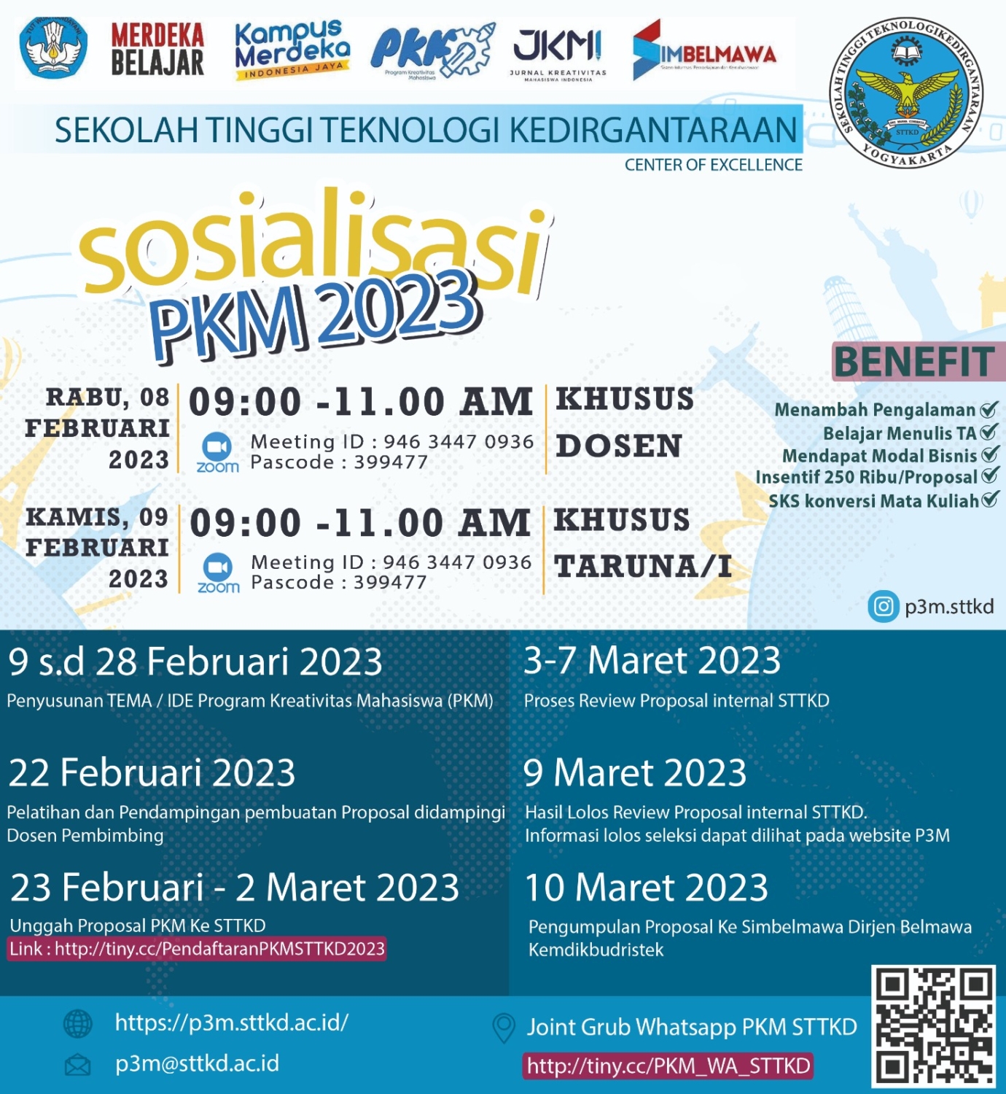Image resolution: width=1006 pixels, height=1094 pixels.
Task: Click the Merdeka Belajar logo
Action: point(157,50)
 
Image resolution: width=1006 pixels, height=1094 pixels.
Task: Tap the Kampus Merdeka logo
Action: point(292,50)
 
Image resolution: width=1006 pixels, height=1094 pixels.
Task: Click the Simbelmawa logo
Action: point(703,51)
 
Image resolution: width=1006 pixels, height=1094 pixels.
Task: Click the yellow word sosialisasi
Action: point(313,244)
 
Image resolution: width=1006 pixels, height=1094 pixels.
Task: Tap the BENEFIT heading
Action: point(914,362)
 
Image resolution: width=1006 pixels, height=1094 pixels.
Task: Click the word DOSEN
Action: point(619,446)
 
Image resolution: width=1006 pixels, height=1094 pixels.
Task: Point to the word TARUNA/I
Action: point(643,567)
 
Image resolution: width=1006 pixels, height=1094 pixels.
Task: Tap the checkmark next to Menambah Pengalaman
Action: point(989,409)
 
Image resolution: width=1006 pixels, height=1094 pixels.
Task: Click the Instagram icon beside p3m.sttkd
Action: point(883,607)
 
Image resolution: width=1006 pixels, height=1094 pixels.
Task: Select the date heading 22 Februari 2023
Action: point(152,773)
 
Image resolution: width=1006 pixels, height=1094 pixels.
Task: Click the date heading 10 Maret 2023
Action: point(647,888)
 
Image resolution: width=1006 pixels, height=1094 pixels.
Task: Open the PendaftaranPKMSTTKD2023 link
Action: point(197,949)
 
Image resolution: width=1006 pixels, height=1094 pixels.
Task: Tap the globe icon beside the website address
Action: point(78,1024)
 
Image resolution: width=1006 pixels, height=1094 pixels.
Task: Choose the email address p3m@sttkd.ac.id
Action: point(197,1063)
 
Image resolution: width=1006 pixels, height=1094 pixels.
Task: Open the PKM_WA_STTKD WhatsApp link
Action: point(668,1066)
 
